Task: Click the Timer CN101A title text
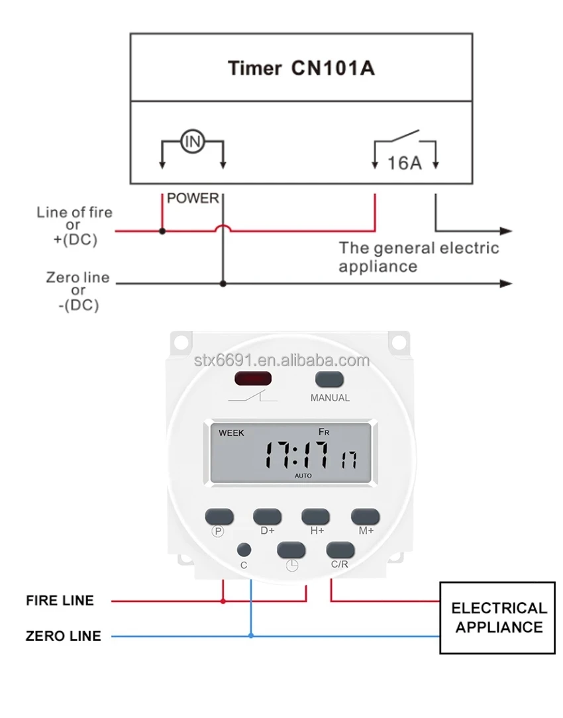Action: [x=301, y=68]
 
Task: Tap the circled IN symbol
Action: [x=192, y=141]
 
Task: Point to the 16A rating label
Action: [x=404, y=162]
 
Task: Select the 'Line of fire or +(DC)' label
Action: [x=74, y=227]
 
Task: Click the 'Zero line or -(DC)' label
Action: [x=77, y=291]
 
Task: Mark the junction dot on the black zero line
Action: [x=223, y=283]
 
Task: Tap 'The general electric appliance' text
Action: [x=419, y=257]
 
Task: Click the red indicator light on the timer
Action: [x=252, y=379]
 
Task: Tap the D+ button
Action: [x=268, y=517]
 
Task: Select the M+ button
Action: [x=365, y=517]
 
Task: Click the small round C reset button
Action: [x=244, y=550]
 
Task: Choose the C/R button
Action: [x=340, y=550]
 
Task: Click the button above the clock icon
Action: [x=291, y=550]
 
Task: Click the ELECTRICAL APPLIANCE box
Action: [x=497, y=617]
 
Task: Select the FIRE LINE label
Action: [x=60, y=601]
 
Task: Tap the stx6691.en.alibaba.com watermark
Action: [x=281, y=361]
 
